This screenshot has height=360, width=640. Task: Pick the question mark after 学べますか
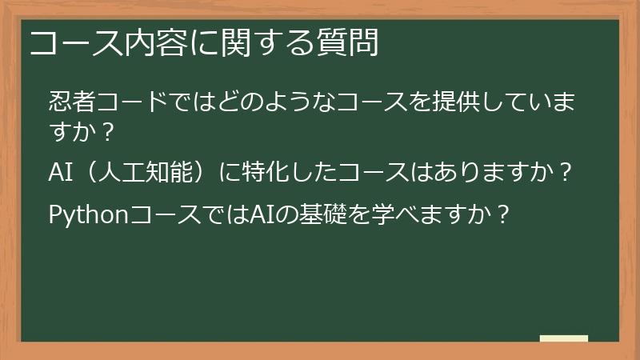[x=501, y=214]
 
